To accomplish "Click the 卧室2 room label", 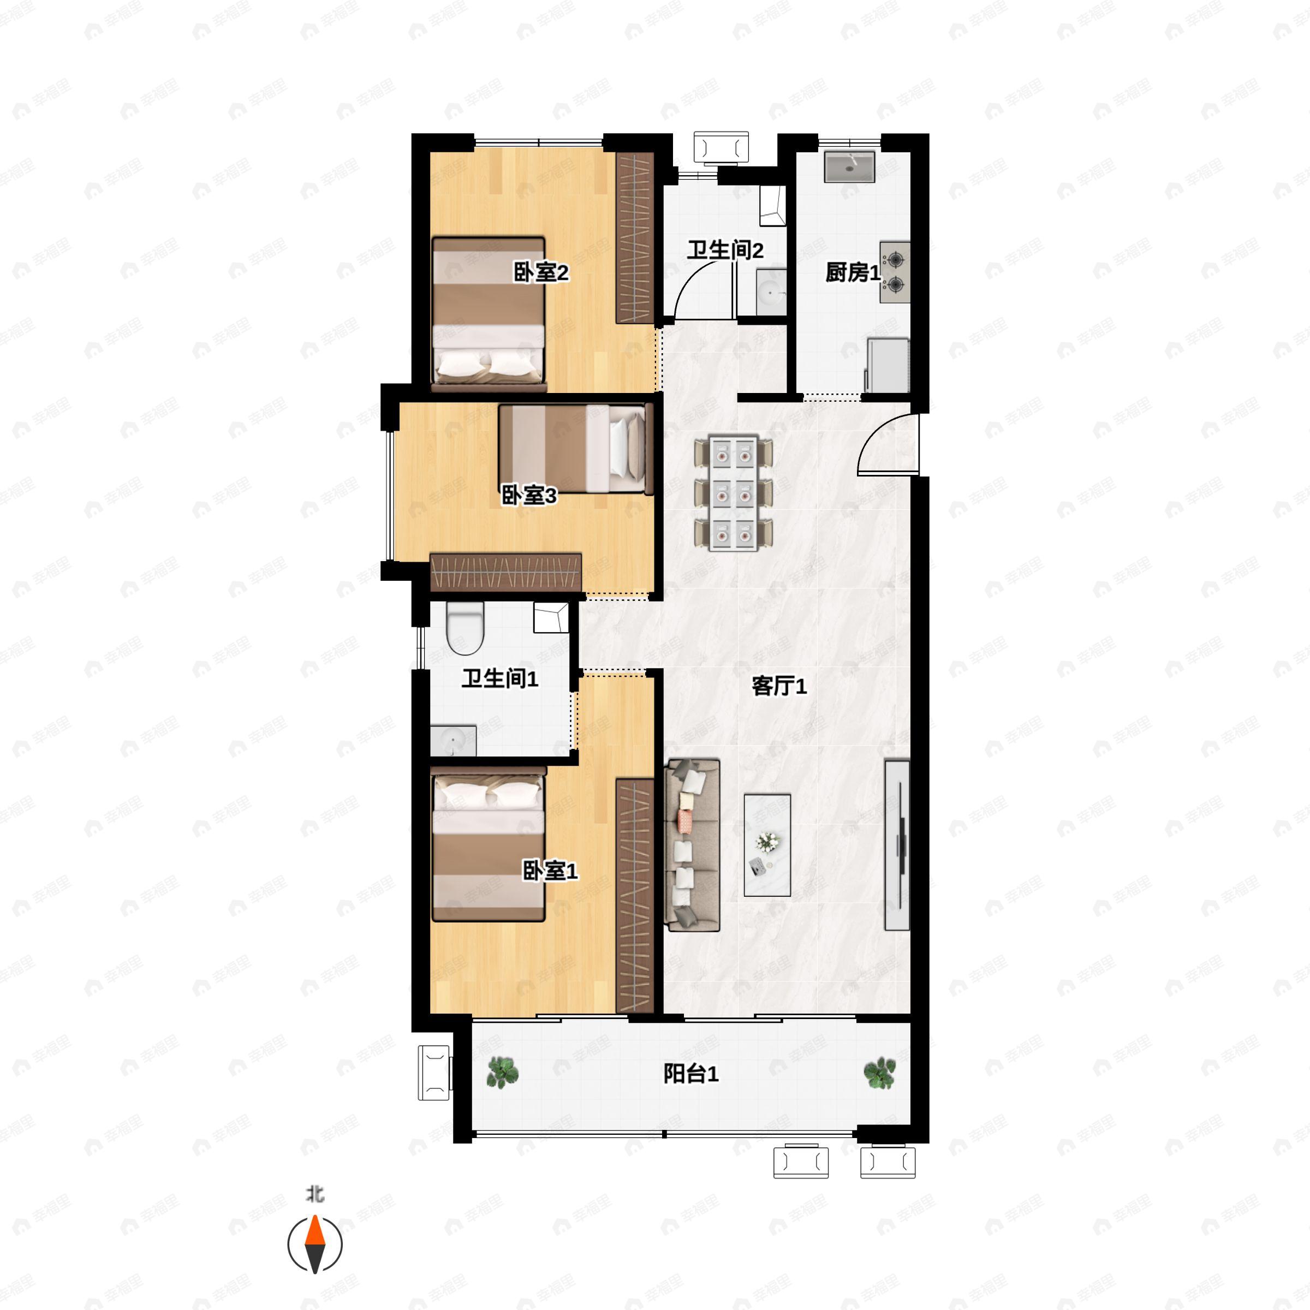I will [540, 272].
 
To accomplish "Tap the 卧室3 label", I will [529, 495].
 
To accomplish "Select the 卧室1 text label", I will [549, 871].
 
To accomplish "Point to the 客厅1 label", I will [779, 686].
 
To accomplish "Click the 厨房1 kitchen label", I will [852, 272].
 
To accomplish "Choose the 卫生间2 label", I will [725, 250].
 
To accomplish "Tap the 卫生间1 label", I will [500, 678].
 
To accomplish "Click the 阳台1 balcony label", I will [690, 1073].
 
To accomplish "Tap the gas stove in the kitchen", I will [895, 272].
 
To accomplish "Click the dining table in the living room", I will [733, 493].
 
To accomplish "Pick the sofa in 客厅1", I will [692, 845].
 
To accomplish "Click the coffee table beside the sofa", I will [767, 845].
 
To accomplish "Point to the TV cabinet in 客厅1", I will [896, 845].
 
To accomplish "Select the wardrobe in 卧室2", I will [635, 237].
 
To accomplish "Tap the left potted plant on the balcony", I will [502, 1073].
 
